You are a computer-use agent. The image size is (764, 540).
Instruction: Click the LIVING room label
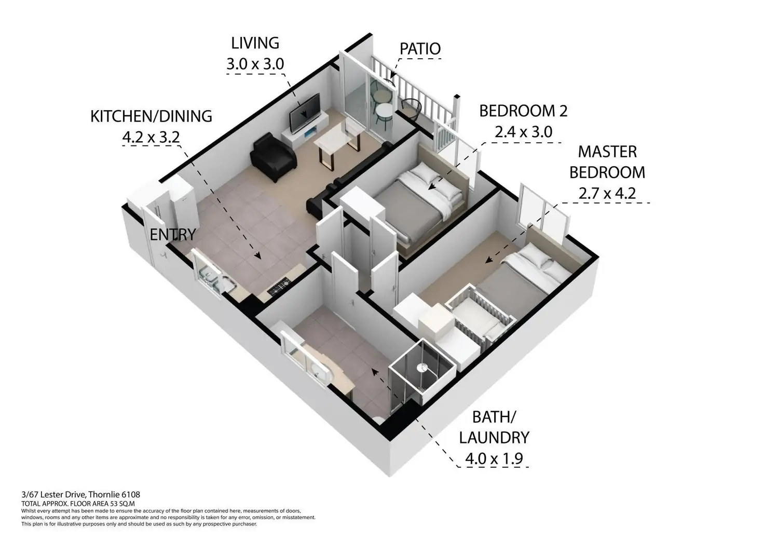coord(255,43)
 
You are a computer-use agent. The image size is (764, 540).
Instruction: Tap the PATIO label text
coord(420,49)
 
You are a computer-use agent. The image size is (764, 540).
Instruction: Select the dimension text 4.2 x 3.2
coord(151,137)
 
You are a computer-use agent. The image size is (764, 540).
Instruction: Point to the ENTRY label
coord(172,235)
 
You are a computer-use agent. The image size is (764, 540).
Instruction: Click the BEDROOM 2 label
coord(523,111)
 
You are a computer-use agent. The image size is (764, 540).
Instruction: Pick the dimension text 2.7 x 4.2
coord(607,193)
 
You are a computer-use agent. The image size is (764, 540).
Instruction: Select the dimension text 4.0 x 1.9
coord(493,459)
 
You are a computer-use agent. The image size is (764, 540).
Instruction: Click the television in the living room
coord(305,113)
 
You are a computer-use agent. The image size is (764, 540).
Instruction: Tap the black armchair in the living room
coord(272,157)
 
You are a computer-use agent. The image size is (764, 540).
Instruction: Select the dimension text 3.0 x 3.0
coord(255,64)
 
